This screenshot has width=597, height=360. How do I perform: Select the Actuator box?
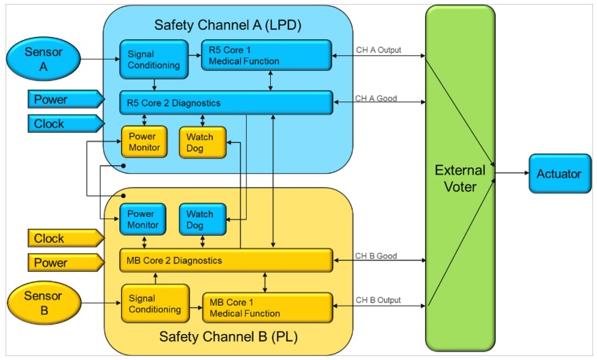[559, 174]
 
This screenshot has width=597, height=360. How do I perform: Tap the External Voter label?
[460, 178]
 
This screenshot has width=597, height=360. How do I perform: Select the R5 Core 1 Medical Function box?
[266, 55]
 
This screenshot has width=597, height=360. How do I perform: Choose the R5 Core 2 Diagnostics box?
[226, 102]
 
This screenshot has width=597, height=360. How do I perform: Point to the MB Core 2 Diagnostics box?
[226, 260]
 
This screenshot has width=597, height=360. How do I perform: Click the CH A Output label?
[378, 50]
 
